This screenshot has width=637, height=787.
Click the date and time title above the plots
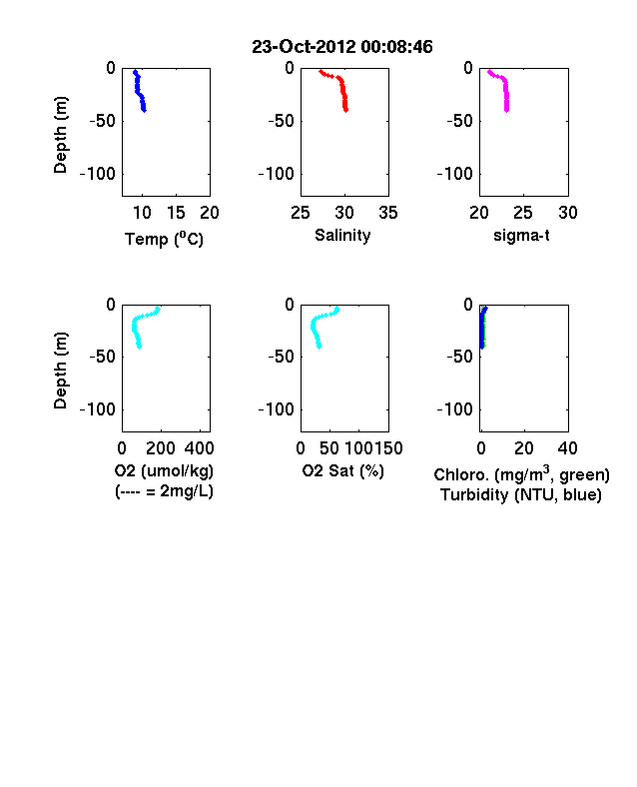342,47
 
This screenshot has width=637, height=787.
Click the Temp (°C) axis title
164,239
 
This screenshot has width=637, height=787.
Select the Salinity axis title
342,236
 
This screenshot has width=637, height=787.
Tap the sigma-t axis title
521,236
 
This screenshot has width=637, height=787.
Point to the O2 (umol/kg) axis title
164,470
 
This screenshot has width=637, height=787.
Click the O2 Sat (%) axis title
343,470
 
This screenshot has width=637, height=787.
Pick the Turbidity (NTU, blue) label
521,495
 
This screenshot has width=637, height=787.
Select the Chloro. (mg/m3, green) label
521,474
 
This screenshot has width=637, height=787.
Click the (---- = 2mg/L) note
164,490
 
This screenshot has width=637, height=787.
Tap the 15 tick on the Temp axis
176,213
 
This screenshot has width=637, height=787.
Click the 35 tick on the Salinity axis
388,213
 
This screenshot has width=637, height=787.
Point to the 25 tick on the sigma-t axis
522,213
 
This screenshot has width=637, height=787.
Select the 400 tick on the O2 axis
199,448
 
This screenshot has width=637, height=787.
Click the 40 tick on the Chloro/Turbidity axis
567,448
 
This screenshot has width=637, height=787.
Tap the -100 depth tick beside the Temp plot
97,174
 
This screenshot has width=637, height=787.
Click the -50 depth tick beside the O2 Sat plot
281,357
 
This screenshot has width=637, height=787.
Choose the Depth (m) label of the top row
60,135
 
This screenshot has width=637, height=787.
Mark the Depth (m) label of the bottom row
60,371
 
